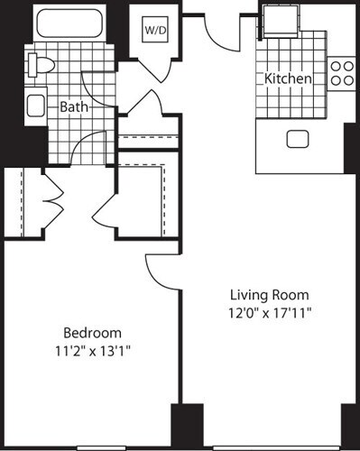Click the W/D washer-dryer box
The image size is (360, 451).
152,30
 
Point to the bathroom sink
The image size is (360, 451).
37,106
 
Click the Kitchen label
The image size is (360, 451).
288,79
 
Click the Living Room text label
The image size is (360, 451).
269,295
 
